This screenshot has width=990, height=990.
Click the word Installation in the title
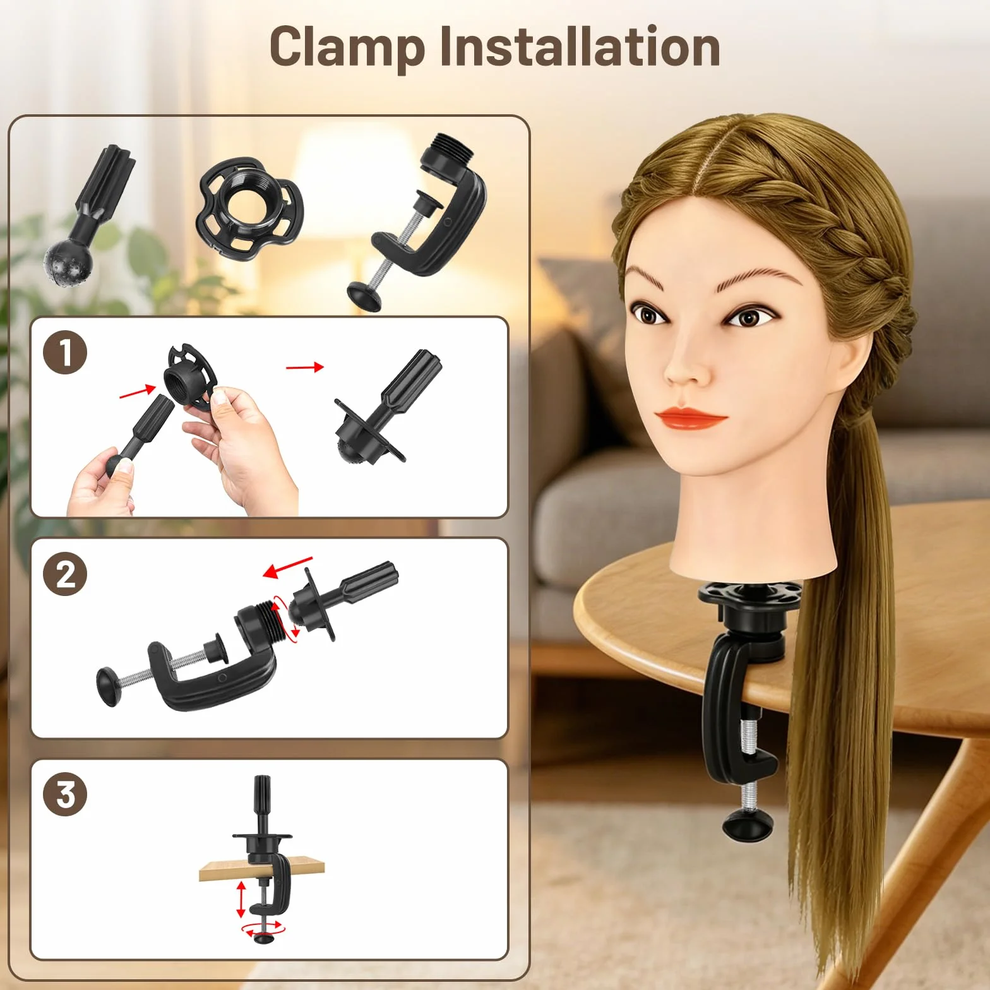tap(580, 47)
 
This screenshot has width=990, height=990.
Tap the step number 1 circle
tap(65, 352)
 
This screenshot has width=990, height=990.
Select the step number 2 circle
tap(65, 574)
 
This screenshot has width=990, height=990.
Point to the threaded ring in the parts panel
tap(250, 208)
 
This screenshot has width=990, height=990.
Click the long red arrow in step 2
tap(287, 567)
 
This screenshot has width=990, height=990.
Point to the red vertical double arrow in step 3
tap(241, 900)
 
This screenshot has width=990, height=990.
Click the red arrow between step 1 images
tap(305, 367)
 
